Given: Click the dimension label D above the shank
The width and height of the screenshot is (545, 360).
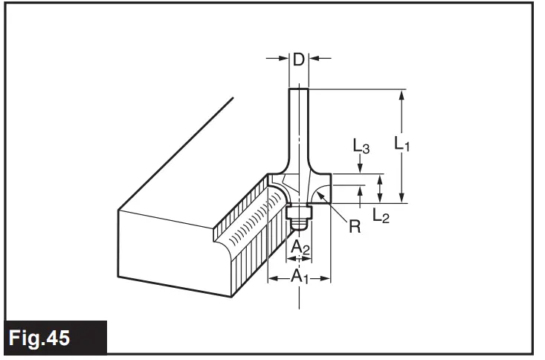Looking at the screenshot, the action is [x=298, y=60].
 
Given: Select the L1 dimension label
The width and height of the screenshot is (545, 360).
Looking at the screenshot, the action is [x=402, y=143].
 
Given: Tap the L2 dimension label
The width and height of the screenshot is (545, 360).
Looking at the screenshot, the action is [x=381, y=216].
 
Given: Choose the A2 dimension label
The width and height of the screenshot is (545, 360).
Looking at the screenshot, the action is [x=299, y=247].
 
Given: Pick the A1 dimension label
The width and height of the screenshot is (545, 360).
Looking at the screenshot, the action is [x=298, y=277].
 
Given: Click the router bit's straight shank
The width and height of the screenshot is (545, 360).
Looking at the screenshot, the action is [x=298, y=119].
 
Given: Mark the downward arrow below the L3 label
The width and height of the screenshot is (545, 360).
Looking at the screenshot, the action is [x=361, y=168].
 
